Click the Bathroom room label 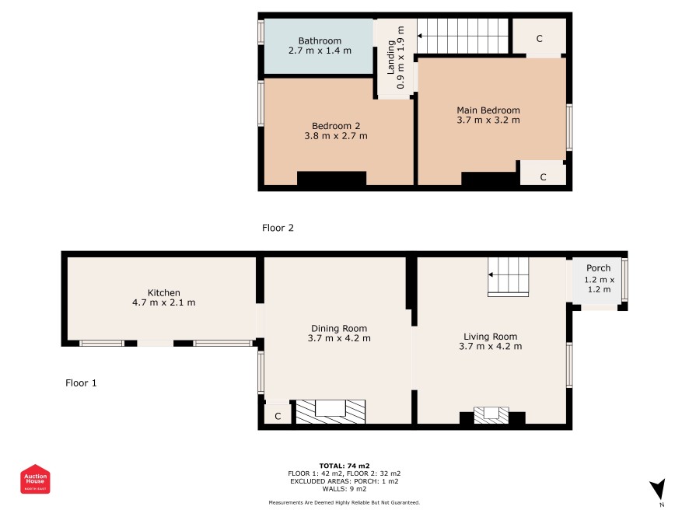320,41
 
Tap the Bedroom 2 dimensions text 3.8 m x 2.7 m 336,136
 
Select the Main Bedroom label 488,110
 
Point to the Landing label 390,58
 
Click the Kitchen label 164,292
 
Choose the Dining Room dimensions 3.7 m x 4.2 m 339,338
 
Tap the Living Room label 491,337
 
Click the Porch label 599,268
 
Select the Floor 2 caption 278,228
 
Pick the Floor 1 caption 81,383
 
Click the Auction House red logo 35,479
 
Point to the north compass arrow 658,489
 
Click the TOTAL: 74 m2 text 344,466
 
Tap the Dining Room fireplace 331,411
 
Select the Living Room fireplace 491,415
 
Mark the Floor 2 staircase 463,36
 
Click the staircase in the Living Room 509,276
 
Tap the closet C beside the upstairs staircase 540,37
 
